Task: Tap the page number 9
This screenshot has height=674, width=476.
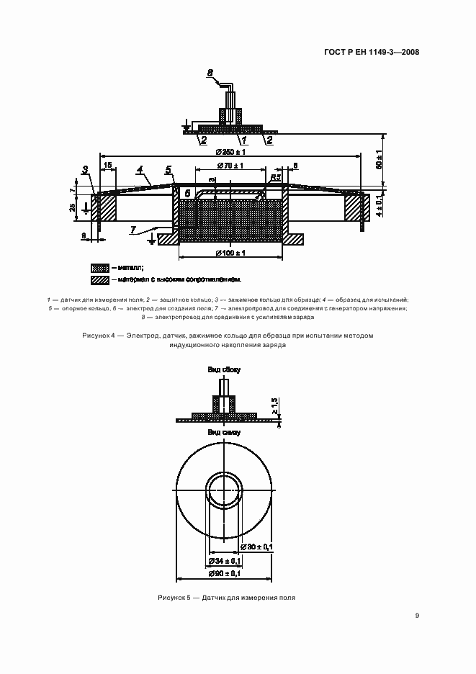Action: click(x=417, y=616)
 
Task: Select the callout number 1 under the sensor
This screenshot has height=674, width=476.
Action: click(x=244, y=140)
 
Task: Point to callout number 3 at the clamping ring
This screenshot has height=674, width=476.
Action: click(x=85, y=171)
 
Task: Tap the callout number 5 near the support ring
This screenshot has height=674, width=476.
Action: click(x=169, y=171)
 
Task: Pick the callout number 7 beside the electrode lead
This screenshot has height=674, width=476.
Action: click(x=133, y=229)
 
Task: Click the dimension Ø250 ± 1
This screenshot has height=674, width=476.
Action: click(x=230, y=151)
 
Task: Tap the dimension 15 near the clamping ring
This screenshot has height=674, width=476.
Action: click(x=107, y=166)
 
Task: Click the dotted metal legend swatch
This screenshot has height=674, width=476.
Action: click(x=99, y=266)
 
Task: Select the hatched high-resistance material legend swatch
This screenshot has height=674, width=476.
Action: click(x=99, y=279)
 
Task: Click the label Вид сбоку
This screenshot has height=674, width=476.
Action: click(x=224, y=369)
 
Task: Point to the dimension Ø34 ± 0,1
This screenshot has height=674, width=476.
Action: click(x=224, y=560)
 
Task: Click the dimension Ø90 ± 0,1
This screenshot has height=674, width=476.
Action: click(x=224, y=573)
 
